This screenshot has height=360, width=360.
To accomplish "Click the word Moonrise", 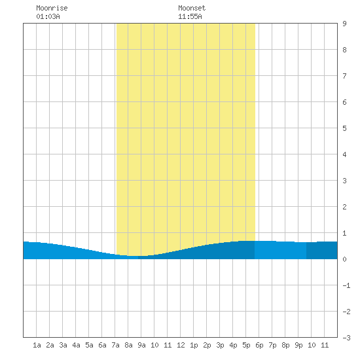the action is point(52,8).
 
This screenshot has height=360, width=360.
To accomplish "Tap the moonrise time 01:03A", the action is point(48,16).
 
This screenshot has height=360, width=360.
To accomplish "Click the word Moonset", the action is point(192,8).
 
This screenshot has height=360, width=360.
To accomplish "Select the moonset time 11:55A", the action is point(190,16).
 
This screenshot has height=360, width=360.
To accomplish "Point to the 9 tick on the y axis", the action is point(344,24).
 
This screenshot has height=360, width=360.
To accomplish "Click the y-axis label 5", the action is point(344,128).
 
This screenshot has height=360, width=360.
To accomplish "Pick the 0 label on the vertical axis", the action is point(344,259).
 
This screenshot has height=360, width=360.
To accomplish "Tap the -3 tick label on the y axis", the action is point(346,338).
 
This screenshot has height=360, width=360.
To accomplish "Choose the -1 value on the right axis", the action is point(346,285).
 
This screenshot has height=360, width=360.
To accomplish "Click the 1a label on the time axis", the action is point(37,345).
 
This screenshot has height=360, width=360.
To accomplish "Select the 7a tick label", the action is point(115,345).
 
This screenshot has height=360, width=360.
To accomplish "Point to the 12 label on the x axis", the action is point(181,345).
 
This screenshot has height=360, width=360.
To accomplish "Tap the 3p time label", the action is point(220,345).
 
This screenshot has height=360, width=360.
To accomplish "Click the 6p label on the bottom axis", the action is point(259,345).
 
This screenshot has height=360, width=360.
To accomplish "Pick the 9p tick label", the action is point(298,345).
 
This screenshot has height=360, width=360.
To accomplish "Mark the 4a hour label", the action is point(76,345).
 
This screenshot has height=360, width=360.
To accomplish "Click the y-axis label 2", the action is point(344,207).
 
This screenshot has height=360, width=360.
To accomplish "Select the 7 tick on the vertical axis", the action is point(344,76).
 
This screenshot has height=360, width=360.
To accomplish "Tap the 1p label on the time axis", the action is point(194,345).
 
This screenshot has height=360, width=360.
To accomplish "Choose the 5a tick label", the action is point(89,345).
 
